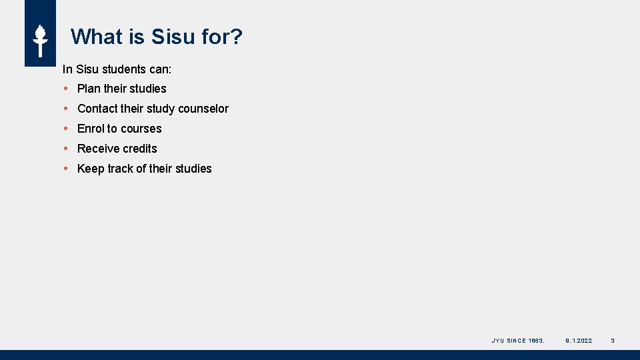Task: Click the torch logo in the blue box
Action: point(40,40)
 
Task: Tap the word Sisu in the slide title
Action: point(172,37)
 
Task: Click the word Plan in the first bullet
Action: point(89,89)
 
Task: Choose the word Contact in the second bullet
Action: point(97,109)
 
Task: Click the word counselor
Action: point(203,109)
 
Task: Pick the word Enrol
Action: point(91,129)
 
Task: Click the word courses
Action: point(141,129)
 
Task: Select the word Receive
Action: point(98,149)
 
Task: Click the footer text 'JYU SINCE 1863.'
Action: point(518,341)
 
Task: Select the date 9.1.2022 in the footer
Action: point(578,341)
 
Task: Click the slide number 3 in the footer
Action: point(613,341)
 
